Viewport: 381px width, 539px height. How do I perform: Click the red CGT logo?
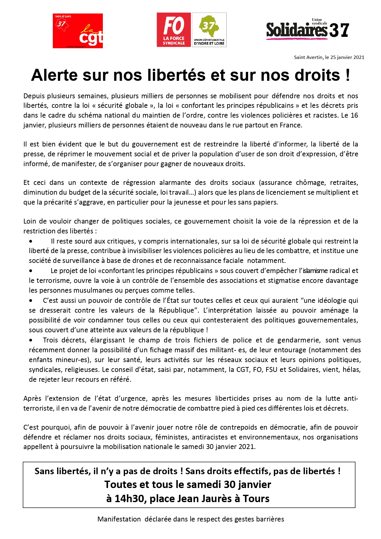click(x=78, y=31)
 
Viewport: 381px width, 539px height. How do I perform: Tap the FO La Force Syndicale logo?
click(x=174, y=30)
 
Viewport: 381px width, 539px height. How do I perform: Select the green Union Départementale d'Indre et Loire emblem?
click(x=209, y=30)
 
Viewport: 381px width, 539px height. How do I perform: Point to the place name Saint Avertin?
click(x=309, y=57)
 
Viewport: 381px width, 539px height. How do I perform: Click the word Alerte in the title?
click(x=55, y=75)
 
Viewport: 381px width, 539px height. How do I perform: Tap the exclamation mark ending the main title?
click(x=347, y=75)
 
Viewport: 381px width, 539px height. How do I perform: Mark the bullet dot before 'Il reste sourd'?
click(x=31, y=241)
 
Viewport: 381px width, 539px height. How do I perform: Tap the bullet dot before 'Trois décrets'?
click(x=31, y=340)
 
